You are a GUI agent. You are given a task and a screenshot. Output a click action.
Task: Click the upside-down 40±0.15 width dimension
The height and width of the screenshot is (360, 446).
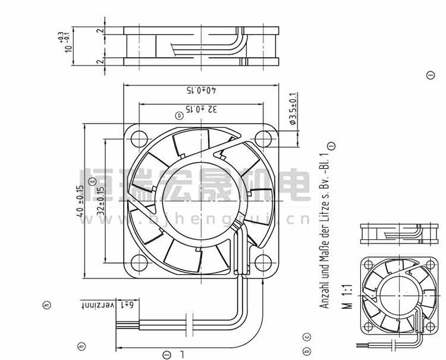click(x=202, y=91)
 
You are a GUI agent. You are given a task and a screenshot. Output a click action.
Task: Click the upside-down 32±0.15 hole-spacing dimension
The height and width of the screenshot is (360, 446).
click(x=202, y=109)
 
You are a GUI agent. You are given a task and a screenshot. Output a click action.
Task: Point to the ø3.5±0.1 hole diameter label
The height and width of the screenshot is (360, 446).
click(x=292, y=108)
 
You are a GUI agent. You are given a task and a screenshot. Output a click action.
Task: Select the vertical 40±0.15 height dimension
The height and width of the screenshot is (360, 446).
click(x=80, y=202)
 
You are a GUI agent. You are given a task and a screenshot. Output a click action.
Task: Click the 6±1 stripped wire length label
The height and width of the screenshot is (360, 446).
click(x=128, y=304)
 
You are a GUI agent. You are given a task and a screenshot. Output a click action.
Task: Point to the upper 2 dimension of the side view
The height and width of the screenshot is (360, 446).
click(x=101, y=30)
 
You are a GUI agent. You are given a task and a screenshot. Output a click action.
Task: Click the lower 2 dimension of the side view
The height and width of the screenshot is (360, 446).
click(x=101, y=61)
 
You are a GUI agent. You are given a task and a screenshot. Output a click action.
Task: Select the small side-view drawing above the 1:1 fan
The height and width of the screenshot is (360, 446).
click(x=395, y=233)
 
